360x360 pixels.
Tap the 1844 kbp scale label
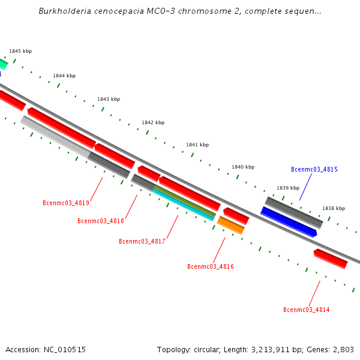tap(64, 76)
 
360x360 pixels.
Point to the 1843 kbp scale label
tap(109, 99)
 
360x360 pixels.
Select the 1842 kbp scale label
tap(153, 122)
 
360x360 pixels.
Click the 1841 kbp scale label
tap(197, 145)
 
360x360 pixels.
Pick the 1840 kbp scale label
tap(243, 167)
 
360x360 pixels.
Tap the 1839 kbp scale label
tap(288, 188)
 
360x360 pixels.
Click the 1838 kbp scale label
tap(334, 208)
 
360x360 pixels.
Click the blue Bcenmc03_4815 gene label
tap(314, 169)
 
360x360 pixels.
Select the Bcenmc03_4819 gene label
tap(66, 202)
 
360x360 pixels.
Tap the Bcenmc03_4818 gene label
tap(101, 221)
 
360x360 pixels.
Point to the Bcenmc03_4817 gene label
tap(142, 241)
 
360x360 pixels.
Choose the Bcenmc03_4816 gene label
tap(211, 266)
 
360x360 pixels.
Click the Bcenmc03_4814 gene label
tap(306, 310)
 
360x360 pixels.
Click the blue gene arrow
tap(288, 221)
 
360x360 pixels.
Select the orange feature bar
tap(231, 226)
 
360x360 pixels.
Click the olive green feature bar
tap(185, 200)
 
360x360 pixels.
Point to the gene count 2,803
tap(344, 349)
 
